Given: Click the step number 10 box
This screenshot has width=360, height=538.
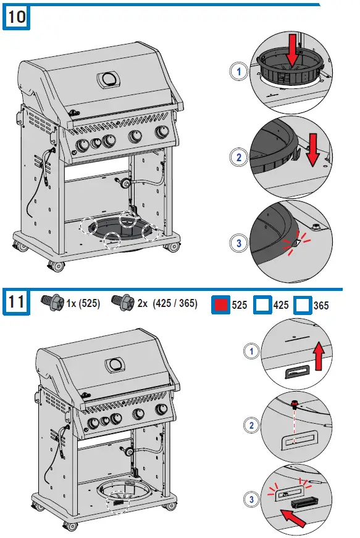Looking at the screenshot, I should [17, 17].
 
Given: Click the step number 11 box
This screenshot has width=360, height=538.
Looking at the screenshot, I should [17, 303].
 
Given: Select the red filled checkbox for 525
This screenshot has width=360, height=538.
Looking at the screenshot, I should [220, 305].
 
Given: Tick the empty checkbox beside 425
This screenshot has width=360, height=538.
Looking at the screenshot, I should [263, 305].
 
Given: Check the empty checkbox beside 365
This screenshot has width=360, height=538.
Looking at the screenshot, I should [303, 305].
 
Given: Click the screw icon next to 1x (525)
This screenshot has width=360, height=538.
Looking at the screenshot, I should [53, 302].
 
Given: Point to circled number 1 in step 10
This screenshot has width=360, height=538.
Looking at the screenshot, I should [239, 72].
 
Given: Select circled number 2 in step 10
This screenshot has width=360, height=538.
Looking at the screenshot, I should [239, 157].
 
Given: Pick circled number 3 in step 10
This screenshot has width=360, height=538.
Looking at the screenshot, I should [239, 243].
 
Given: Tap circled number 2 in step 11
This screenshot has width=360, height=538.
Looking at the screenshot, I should [250, 425].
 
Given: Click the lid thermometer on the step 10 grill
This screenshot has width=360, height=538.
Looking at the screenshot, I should [110, 79].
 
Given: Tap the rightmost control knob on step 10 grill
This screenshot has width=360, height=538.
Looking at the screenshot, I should [162, 132].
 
